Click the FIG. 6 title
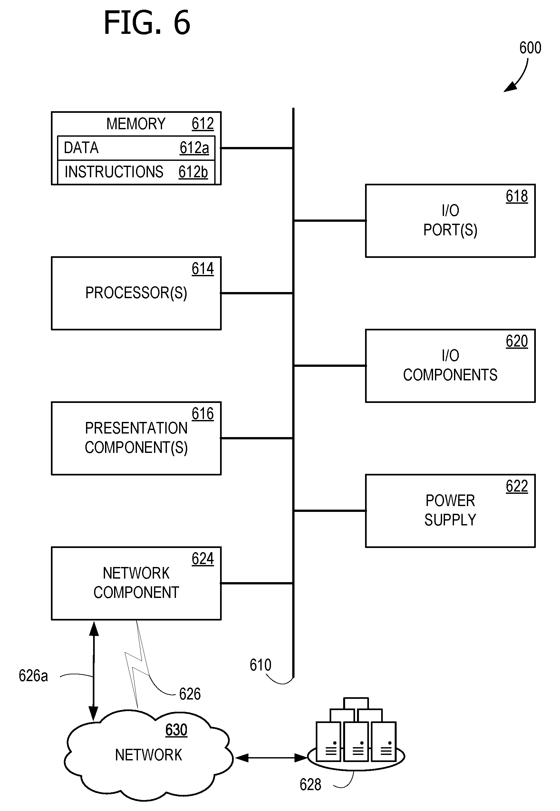click(x=147, y=23)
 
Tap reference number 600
click(x=530, y=48)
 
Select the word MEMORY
click(x=136, y=124)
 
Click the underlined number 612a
click(x=194, y=148)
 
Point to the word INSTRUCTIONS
click(x=114, y=172)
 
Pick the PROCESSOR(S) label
click(x=136, y=293)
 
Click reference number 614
click(x=202, y=269)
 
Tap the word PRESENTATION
click(x=136, y=428)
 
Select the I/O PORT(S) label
click(x=450, y=220)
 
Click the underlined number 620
click(x=517, y=341)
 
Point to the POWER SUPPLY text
click(x=450, y=510)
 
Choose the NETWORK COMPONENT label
click(x=136, y=583)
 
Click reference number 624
click(x=202, y=559)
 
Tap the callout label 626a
click(x=33, y=676)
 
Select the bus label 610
click(x=260, y=665)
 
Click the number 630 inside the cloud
click(x=176, y=730)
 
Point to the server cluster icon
click(x=356, y=735)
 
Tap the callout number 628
click(x=310, y=785)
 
